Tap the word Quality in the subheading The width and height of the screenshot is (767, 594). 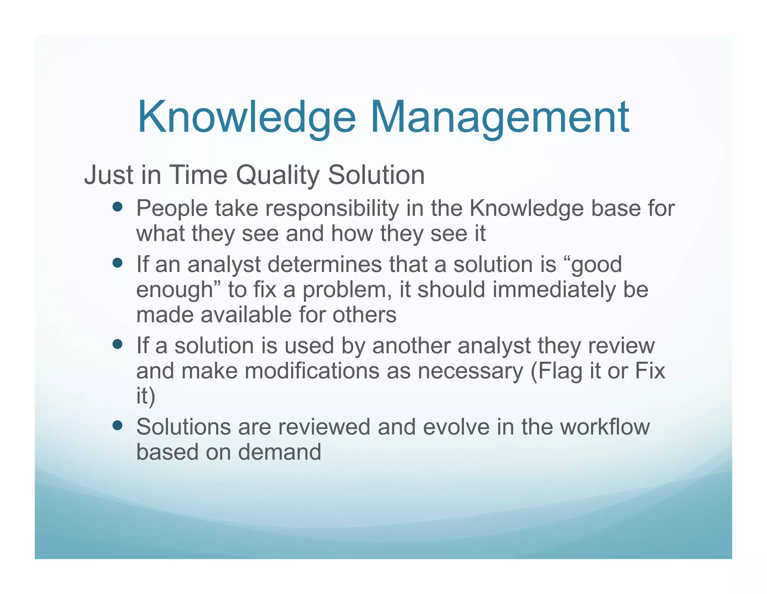(278, 175)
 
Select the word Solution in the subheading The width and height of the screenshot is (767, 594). (376, 175)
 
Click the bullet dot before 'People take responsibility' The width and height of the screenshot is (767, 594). (118, 207)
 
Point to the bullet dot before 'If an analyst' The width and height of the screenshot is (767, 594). (118, 263)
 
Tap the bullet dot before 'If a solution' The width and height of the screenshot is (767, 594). (118, 344)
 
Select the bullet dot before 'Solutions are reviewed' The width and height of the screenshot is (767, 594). (118, 425)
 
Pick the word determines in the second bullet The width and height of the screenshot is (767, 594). (325, 264)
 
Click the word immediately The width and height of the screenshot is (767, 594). (554, 290)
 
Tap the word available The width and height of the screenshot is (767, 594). (246, 315)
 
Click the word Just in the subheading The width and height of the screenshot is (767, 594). (109, 175)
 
